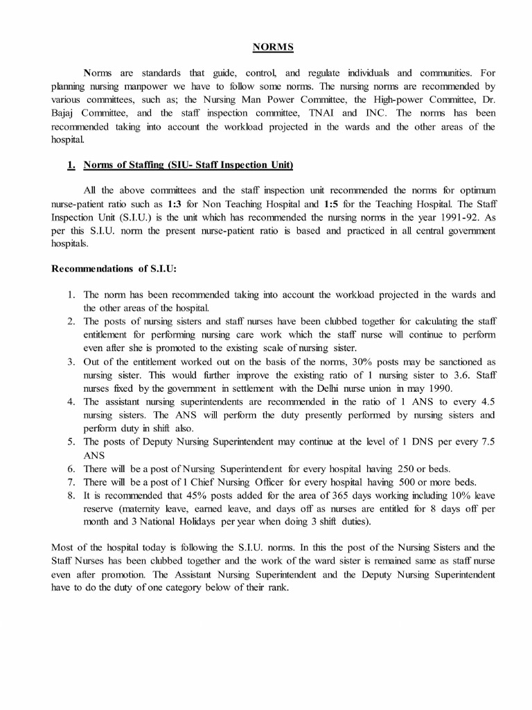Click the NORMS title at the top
272,47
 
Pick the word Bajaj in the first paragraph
66,113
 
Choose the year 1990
438,388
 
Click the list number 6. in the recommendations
71,469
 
